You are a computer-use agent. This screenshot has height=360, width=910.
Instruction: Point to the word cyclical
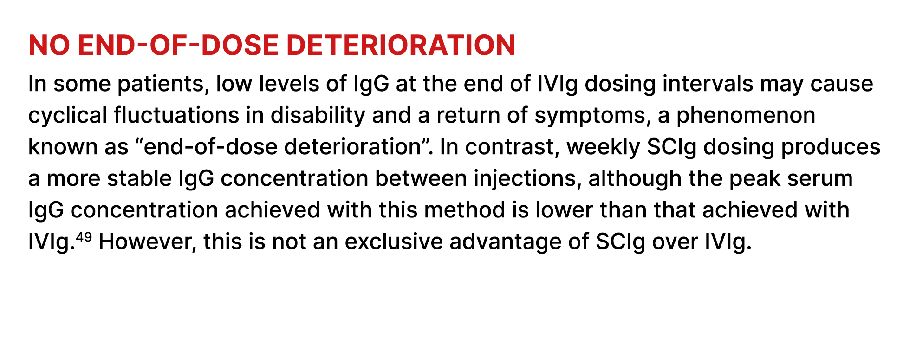click(x=68, y=116)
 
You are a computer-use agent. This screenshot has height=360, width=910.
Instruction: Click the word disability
click(x=318, y=116)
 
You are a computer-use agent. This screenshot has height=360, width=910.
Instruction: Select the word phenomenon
click(x=746, y=116)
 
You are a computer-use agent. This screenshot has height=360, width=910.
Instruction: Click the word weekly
click(x=604, y=148)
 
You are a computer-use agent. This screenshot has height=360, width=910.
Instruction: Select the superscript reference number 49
click(x=84, y=237)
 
